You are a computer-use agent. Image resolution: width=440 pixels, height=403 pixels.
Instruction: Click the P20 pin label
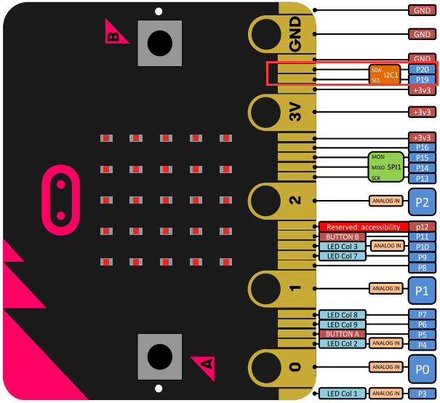423,69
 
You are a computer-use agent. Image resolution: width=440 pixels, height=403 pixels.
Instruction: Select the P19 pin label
423,80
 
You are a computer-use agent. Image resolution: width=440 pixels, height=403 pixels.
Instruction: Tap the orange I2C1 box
385,75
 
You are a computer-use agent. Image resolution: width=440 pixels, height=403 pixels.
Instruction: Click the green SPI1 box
386,167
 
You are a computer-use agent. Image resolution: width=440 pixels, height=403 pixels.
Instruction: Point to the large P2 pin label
422,201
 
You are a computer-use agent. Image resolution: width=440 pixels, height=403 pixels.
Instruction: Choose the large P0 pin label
422,369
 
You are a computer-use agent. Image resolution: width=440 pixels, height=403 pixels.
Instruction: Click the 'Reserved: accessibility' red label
364,227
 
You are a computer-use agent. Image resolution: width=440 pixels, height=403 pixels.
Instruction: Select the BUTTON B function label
343,237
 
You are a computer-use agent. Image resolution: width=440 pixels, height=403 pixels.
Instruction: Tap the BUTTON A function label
343,334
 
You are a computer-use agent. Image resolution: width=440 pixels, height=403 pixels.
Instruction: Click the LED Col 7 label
343,256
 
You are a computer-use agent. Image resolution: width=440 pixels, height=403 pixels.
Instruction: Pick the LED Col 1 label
343,394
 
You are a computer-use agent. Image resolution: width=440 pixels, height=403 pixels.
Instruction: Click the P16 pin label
423,148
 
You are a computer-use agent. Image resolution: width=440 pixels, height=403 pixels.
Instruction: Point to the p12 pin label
423,227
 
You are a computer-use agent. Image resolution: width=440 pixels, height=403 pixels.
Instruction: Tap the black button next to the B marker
160,43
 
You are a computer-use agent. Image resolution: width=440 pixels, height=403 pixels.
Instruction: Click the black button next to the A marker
160,357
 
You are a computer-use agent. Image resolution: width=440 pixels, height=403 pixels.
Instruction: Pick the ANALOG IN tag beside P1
386,289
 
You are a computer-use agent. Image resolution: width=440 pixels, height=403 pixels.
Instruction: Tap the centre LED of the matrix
166,200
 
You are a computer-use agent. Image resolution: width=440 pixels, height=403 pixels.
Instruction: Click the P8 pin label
423,268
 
